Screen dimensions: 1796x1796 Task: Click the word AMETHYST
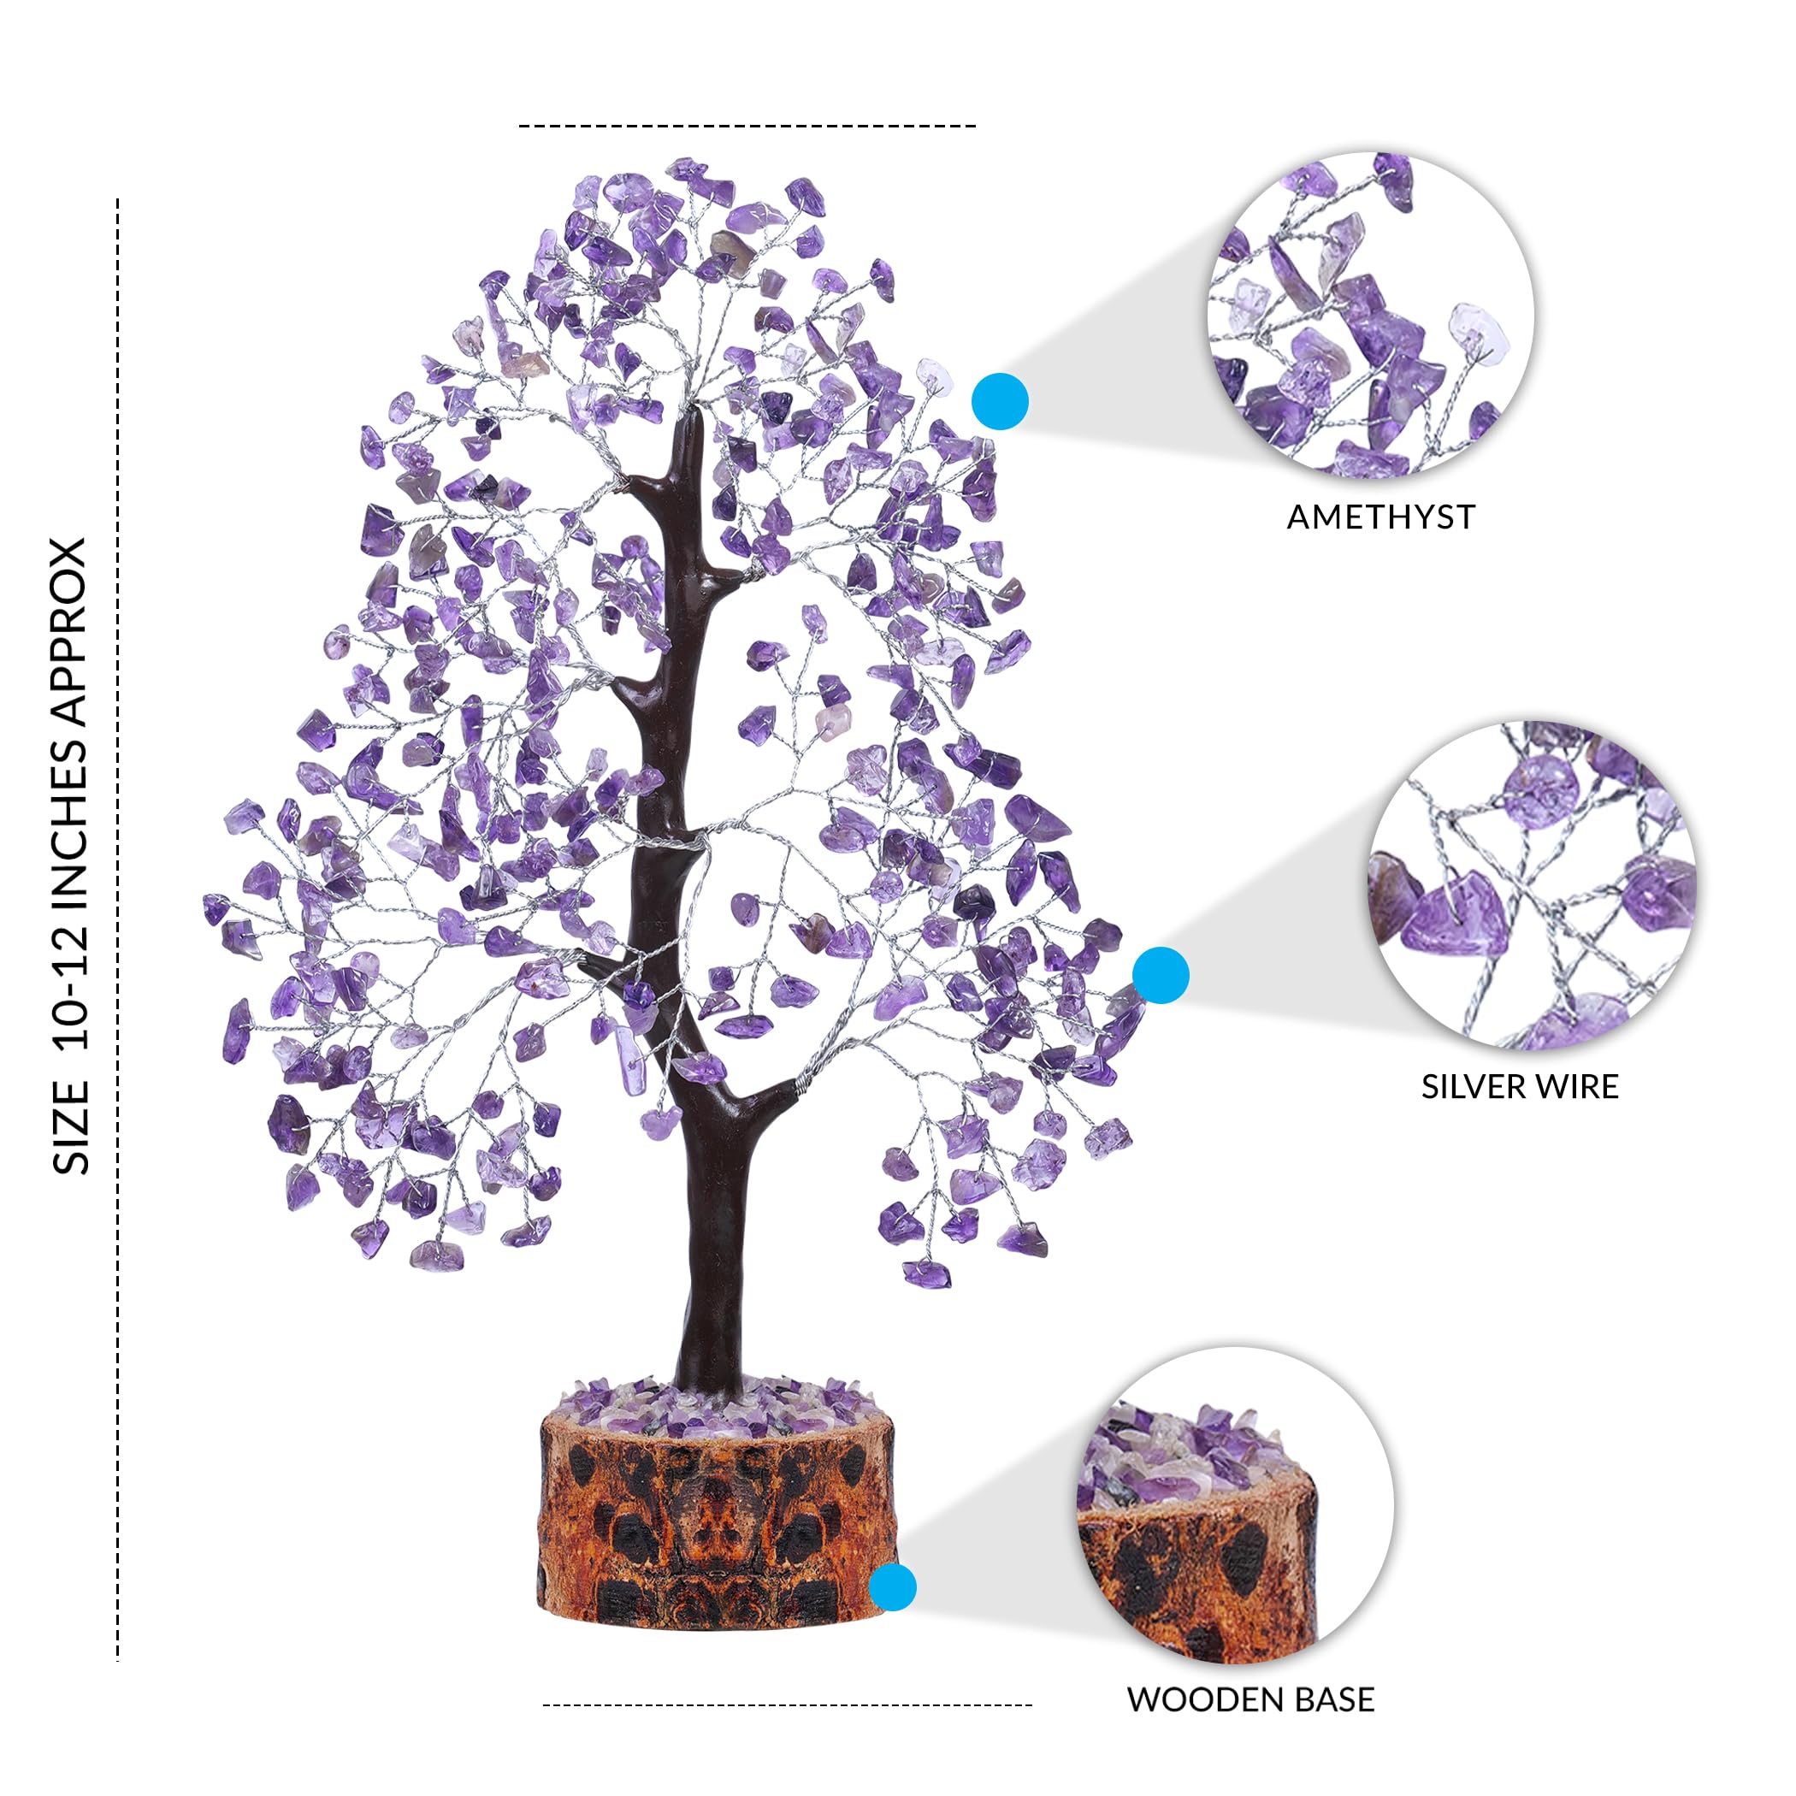pos(1380,517)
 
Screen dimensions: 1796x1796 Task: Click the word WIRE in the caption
pos(1575,1087)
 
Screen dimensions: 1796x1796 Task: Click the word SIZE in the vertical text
pos(71,1126)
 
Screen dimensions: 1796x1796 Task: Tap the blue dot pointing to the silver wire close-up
pos(1161,975)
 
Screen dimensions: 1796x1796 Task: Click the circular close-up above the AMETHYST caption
pos(1371,314)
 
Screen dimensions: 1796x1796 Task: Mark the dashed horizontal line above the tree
pos(747,126)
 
